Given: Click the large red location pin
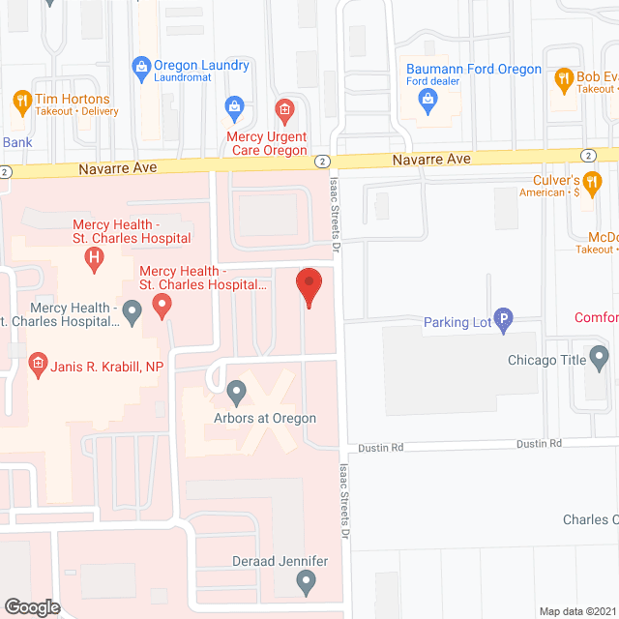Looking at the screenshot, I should [x=309, y=286].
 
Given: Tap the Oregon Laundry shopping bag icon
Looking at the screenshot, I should [x=140, y=66].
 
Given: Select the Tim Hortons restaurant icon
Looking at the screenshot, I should [x=21, y=100].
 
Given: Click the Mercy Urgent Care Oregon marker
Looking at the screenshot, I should [x=283, y=108].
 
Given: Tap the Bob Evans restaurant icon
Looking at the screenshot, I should [x=562, y=77].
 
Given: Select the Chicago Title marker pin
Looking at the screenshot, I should [x=600, y=361].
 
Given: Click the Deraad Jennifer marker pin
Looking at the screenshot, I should [x=307, y=582].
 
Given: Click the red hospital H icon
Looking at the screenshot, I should [x=94, y=257].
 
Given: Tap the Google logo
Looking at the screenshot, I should [x=32, y=606].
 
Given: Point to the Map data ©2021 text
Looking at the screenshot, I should [x=576, y=610].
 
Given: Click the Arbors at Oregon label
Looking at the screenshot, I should [x=266, y=419].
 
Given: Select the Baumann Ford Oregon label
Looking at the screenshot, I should [x=473, y=69].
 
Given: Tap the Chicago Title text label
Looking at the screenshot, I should [x=548, y=361].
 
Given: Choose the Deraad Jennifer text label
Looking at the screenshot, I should [x=280, y=562].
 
